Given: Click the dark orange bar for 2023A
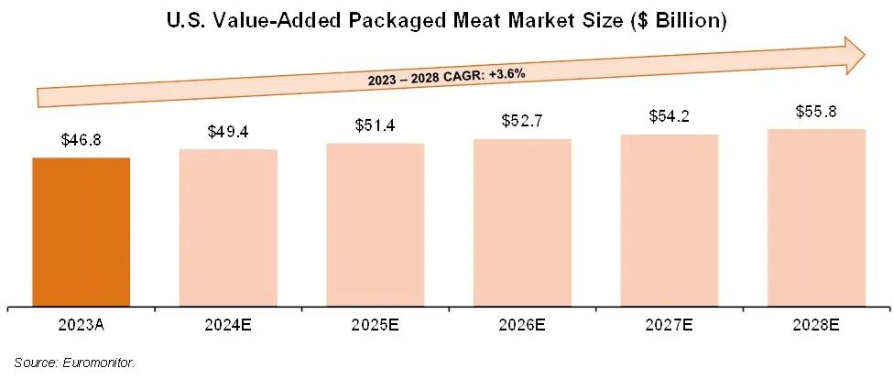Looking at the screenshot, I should point(82,233).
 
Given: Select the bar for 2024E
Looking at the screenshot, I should point(228,228).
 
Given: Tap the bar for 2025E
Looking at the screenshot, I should point(376,225).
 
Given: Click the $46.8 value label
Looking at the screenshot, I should point(82,141).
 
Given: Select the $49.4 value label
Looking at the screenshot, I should point(228,133).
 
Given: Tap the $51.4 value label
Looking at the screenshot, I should point(376,125).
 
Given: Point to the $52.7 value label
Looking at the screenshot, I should point(522,121).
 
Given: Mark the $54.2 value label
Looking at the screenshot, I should point(670,117).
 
